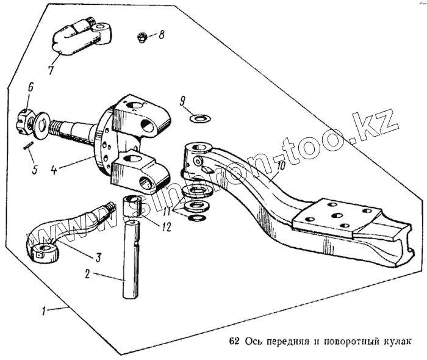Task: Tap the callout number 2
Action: (x=88, y=274)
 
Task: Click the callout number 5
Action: (x=35, y=168)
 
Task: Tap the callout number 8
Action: (x=161, y=35)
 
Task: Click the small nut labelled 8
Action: (x=142, y=38)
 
